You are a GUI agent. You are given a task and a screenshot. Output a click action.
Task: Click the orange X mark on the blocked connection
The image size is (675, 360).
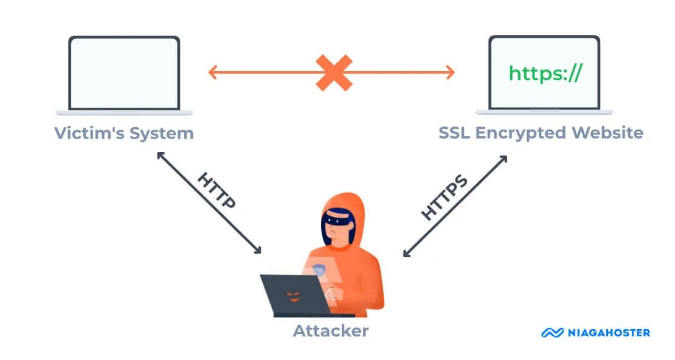tap(334, 72)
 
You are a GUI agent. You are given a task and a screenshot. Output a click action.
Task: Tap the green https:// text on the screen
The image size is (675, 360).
tap(545, 73)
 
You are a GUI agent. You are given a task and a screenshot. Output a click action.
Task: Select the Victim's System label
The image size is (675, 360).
tap(124, 133)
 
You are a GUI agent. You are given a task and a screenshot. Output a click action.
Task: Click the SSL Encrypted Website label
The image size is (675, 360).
tap(541, 133)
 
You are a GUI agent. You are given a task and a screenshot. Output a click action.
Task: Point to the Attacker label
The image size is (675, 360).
tap(331, 331)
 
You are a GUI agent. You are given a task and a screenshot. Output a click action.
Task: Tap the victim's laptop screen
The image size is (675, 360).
tap(124, 73)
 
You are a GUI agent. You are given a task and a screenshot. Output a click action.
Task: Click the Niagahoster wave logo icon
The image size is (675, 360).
tap(553, 333)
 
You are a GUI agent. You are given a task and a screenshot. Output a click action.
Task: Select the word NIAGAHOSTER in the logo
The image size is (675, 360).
tap(609, 333)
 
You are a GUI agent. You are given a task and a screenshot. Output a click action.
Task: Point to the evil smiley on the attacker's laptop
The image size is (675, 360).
tap(293, 296)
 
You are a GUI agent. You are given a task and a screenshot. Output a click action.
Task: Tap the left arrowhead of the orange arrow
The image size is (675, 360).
tap(212, 72)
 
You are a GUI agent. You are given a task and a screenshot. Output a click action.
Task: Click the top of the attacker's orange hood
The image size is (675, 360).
tap(343, 197)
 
